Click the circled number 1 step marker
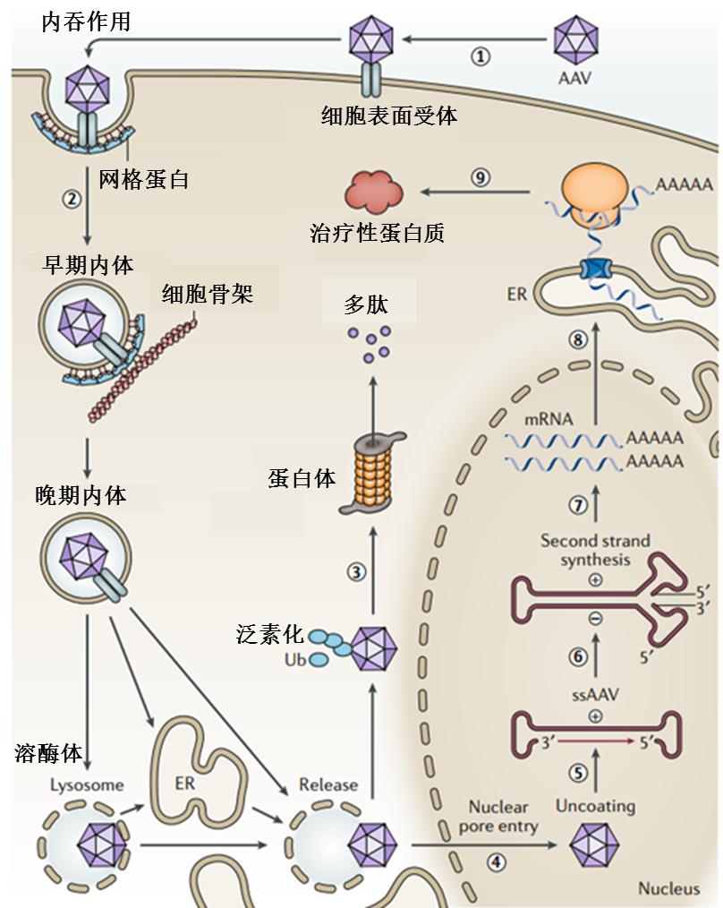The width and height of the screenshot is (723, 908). [481, 56]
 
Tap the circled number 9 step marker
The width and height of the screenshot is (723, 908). [481, 178]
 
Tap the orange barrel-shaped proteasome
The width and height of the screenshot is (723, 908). [375, 474]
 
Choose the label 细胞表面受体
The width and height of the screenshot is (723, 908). [389, 116]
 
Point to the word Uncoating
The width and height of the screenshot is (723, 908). [595, 805]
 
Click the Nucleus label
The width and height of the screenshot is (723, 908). [668, 888]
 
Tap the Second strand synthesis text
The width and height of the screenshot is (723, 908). [595, 551]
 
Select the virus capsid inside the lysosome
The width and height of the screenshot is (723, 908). [101, 843]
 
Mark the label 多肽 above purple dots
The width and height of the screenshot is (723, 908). [367, 305]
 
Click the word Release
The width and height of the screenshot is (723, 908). [328, 785]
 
